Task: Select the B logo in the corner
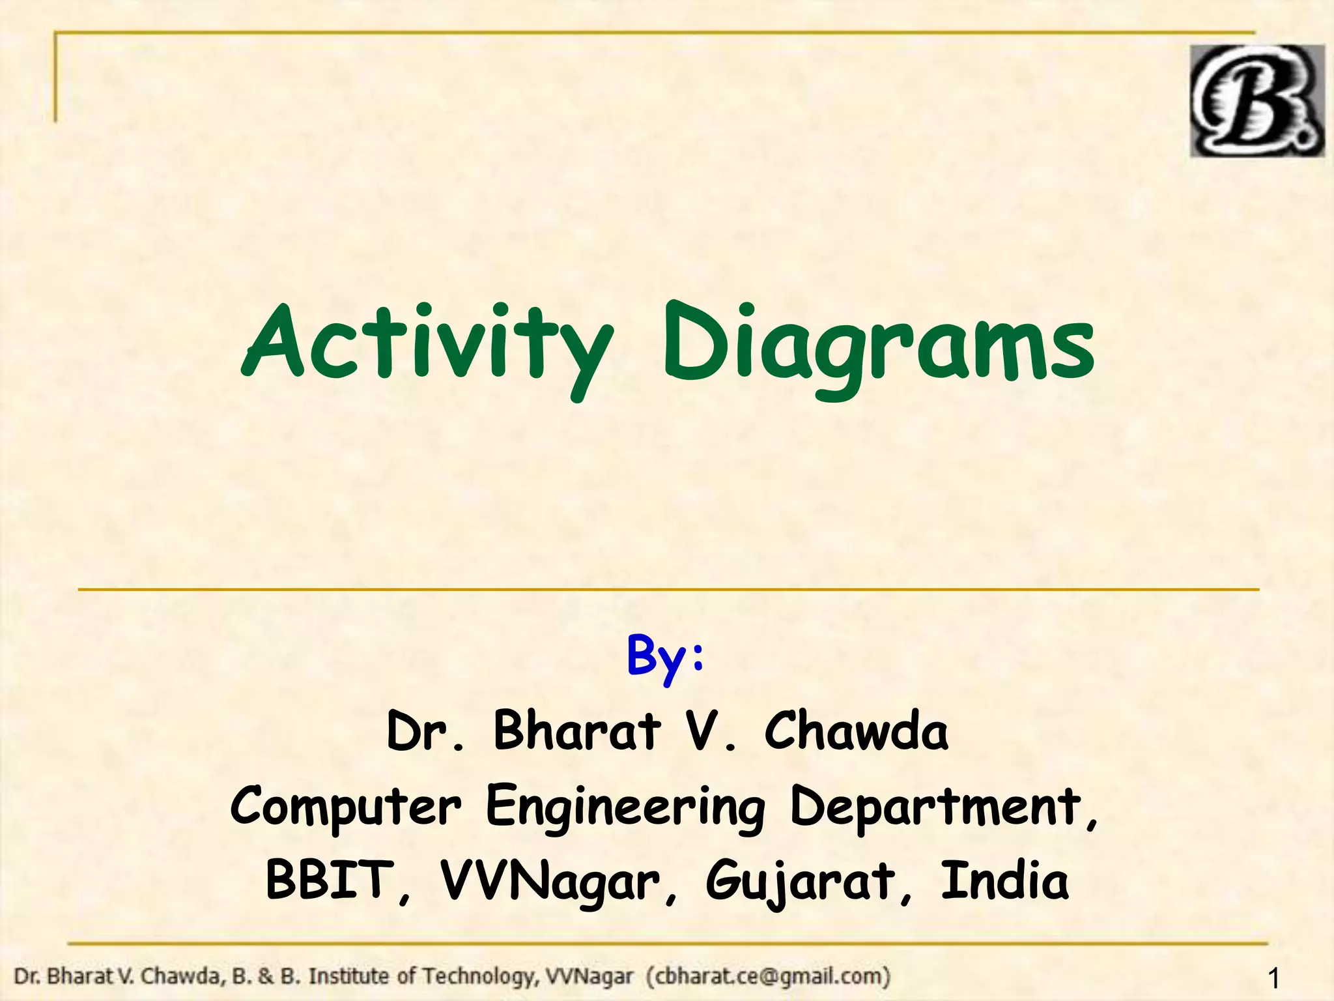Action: click(x=1256, y=101)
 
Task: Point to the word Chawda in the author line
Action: click(x=856, y=731)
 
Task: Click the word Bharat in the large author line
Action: click(x=577, y=731)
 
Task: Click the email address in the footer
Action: click(x=769, y=976)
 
